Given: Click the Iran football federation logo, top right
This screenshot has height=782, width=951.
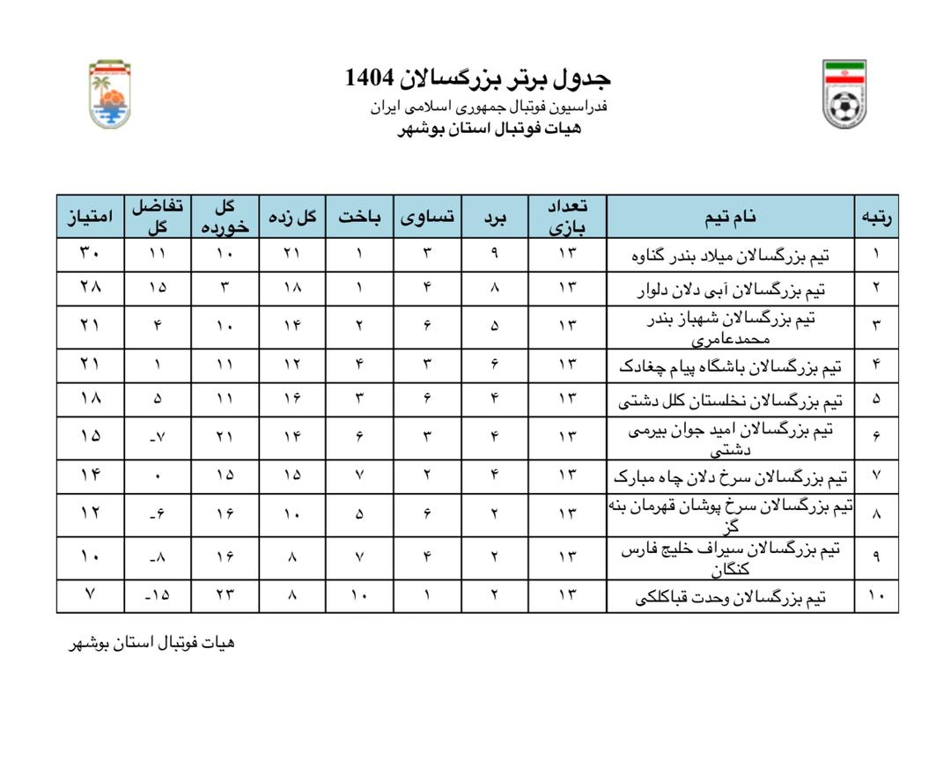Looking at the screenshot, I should [844, 94].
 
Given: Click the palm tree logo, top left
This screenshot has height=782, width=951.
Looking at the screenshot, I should [109, 94].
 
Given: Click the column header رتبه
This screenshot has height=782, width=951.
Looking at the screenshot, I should [876, 217].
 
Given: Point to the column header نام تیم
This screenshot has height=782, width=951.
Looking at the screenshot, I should [730, 217].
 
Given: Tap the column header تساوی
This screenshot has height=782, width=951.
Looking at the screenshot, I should [428, 217].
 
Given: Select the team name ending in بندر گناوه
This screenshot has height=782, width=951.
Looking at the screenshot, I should [730, 255].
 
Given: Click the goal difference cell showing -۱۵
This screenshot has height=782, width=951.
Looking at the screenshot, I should [158, 595].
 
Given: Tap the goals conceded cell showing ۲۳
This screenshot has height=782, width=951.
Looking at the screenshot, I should [225, 595].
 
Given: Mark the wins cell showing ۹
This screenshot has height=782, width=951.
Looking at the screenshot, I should [494, 255].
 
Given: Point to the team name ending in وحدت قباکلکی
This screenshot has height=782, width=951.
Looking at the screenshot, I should [730, 597].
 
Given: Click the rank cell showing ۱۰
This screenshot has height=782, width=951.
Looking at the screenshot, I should [876, 596].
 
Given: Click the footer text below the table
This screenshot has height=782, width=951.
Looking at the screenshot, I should [152, 643].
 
